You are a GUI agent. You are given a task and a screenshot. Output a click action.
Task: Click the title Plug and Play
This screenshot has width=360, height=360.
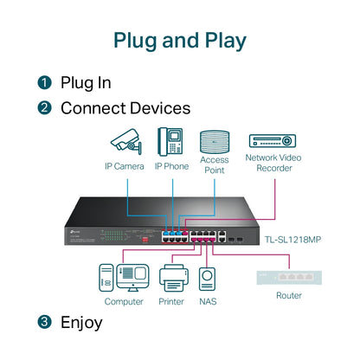(x=180, y=41)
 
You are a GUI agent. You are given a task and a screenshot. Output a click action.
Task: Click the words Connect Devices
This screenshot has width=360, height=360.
(x=125, y=109)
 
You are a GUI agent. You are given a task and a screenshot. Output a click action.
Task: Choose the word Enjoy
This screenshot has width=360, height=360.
(x=81, y=323)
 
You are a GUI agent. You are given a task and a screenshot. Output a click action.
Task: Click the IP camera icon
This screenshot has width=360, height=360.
(x=124, y=141)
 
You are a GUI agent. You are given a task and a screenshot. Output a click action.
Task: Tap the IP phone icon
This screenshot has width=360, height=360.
(x=170, y=140)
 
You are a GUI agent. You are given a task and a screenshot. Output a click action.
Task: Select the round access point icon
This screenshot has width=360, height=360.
(x=214, y=141)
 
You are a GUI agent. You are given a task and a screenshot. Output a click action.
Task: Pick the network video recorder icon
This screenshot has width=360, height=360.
(x=273, y=140)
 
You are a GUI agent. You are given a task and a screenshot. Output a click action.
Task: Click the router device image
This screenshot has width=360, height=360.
(x=288, y=277)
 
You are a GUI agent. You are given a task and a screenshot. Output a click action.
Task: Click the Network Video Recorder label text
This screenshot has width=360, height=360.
(x=273, y=164)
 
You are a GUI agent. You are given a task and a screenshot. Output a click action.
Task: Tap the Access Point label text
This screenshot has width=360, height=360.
(x=214, y=165)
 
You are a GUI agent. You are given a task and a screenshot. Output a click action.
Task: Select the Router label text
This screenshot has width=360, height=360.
(x=288, y=295)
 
